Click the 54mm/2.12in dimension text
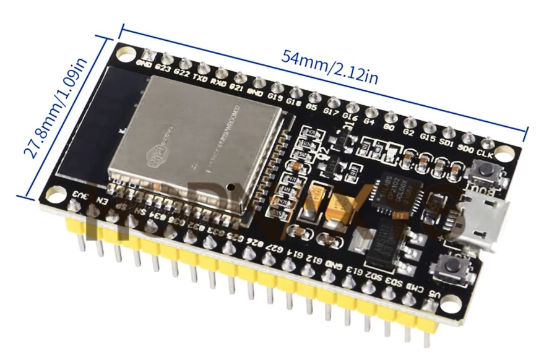330,66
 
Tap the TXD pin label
201,79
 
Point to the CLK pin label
486,153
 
